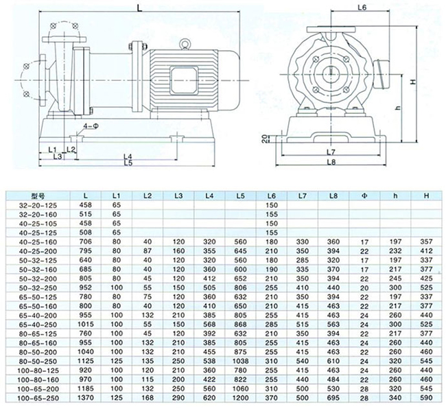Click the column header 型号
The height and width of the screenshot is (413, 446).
[x=38, y=196]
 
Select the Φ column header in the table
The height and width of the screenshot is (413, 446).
[x=364, y=196]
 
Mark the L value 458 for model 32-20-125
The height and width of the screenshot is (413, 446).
[x=85, y=205]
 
